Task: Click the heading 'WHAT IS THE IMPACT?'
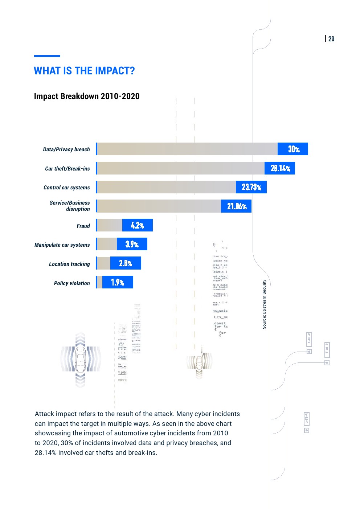point(84,71)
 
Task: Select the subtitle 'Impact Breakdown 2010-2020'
point(87,96)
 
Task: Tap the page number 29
point(331,39)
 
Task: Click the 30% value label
point(294,149)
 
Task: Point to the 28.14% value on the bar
point(280,168)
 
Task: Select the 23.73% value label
point(251,187)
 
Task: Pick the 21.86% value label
point(237,206)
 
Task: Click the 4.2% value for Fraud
point(138,225)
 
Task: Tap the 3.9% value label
point(132,244)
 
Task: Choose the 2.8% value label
point(126,263)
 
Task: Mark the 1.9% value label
point(118,282)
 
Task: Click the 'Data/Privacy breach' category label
point(66,149)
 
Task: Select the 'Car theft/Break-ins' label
point(67,169)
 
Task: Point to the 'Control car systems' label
point(67,188)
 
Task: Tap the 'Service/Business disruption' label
point(70,206)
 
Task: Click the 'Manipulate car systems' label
point(62,245)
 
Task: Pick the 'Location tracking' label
point(69,264)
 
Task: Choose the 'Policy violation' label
point(72,283)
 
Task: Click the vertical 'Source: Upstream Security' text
point(264,304)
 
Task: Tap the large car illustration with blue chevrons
point(80,360)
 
